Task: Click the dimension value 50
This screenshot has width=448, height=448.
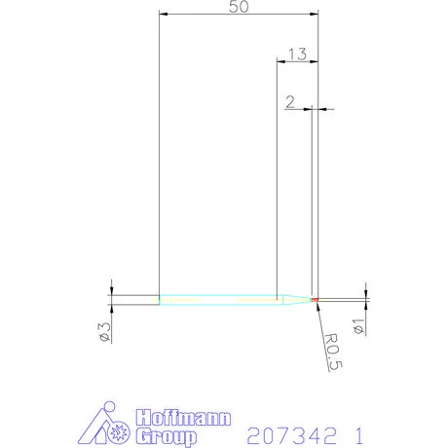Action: [237, 7]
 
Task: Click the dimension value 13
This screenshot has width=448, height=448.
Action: [298, 56]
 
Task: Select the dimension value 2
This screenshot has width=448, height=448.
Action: [291, 100]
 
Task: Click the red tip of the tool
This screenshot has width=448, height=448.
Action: [316, 298]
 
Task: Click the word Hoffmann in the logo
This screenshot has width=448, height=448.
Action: [184, 419]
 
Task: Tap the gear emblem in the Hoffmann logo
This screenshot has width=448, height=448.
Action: [120, 429]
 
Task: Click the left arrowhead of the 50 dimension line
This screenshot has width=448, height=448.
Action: [163, 15]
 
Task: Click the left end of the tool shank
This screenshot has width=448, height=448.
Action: [160, 297]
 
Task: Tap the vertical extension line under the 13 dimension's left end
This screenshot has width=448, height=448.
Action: [278, 175]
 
